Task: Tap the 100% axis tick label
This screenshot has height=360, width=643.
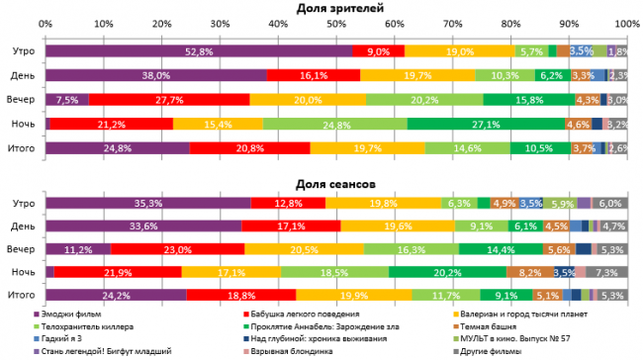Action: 625,23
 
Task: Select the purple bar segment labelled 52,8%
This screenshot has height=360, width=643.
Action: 198,50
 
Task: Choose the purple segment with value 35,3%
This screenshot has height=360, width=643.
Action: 148,202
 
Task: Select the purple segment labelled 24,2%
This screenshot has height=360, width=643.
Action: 116,294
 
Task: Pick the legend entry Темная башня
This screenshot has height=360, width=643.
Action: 488,325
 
